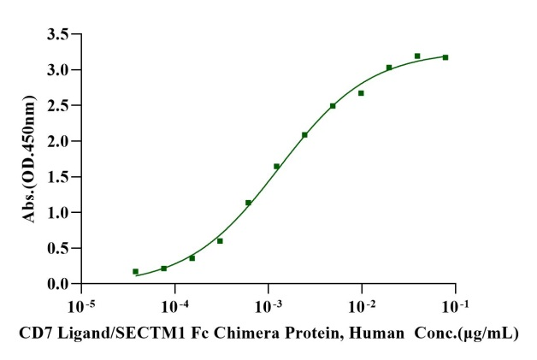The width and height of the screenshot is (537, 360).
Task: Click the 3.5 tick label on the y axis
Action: point(59,34)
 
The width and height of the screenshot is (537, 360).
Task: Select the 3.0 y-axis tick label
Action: point(59,69)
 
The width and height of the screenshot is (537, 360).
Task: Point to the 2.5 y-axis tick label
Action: point(59,105)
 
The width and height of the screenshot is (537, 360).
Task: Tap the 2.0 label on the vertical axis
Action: point(59,141)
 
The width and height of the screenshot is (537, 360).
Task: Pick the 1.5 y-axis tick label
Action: point(59,176)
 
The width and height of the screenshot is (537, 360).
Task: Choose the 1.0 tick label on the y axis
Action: point(59,212)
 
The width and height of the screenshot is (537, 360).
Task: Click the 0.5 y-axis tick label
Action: point(59,248)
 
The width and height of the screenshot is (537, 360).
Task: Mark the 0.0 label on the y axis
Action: point(59,284)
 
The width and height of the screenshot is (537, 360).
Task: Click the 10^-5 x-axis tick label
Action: point(82,305)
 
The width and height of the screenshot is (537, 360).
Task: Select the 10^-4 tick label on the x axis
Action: point(175,305)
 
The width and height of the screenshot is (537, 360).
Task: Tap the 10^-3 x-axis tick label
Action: point(268,305)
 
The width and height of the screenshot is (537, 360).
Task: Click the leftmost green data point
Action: point(135,272)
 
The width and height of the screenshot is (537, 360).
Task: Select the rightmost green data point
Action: point(446,57)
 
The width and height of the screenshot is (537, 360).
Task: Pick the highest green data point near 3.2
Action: point(417,56)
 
